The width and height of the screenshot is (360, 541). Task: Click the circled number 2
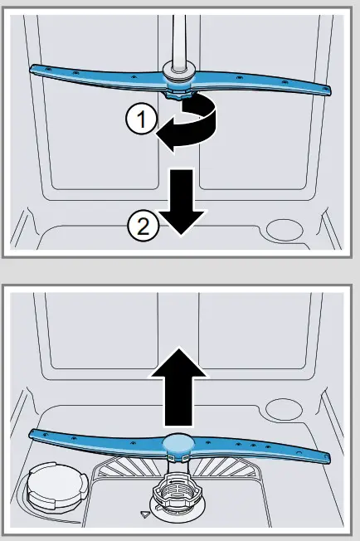(143, 225)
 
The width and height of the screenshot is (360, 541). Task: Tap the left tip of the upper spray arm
(33, 71)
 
